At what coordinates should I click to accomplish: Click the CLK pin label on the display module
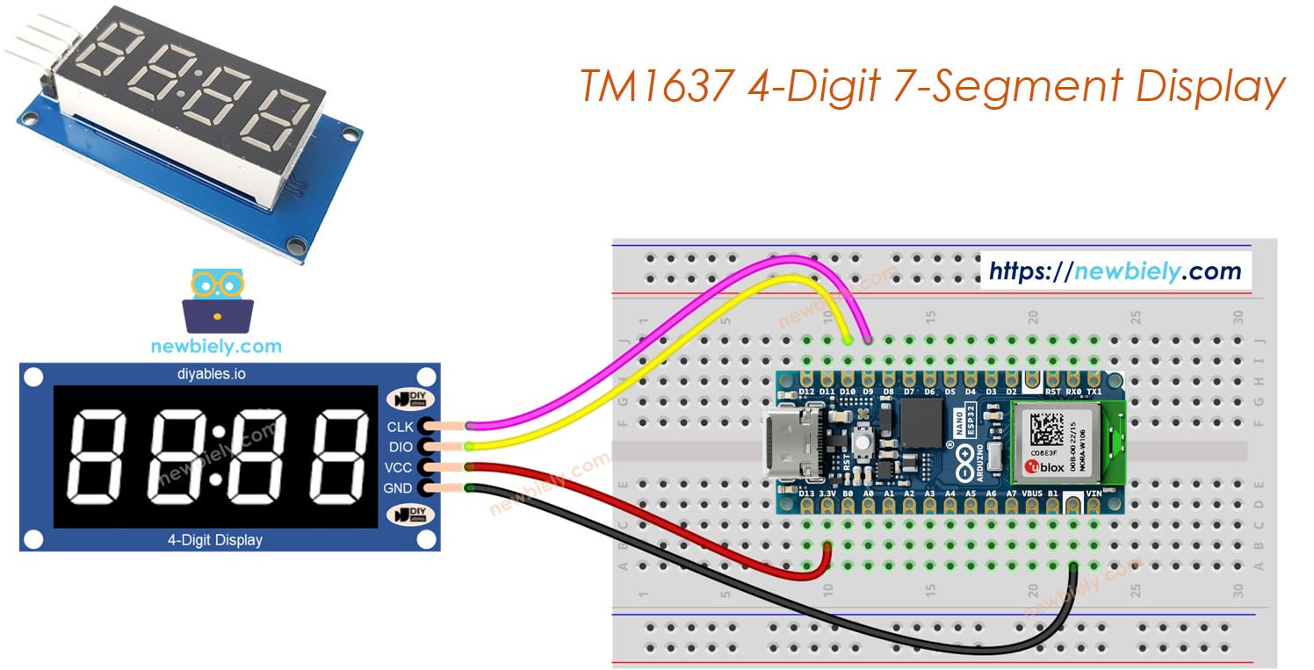pos(400,428)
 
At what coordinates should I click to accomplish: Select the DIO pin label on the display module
pos(401,448)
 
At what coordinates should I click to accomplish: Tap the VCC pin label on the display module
pos(400,467)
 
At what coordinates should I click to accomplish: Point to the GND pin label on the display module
pos(400,488)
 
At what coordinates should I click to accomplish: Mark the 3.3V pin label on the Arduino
pos(827,494)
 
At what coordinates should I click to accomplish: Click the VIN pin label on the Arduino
pos(1094,494)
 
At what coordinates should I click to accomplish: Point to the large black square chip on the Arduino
pos(921,422)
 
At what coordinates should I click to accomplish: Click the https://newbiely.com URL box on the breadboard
pos(1115,271)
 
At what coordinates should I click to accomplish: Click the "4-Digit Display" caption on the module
pos(214,539)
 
